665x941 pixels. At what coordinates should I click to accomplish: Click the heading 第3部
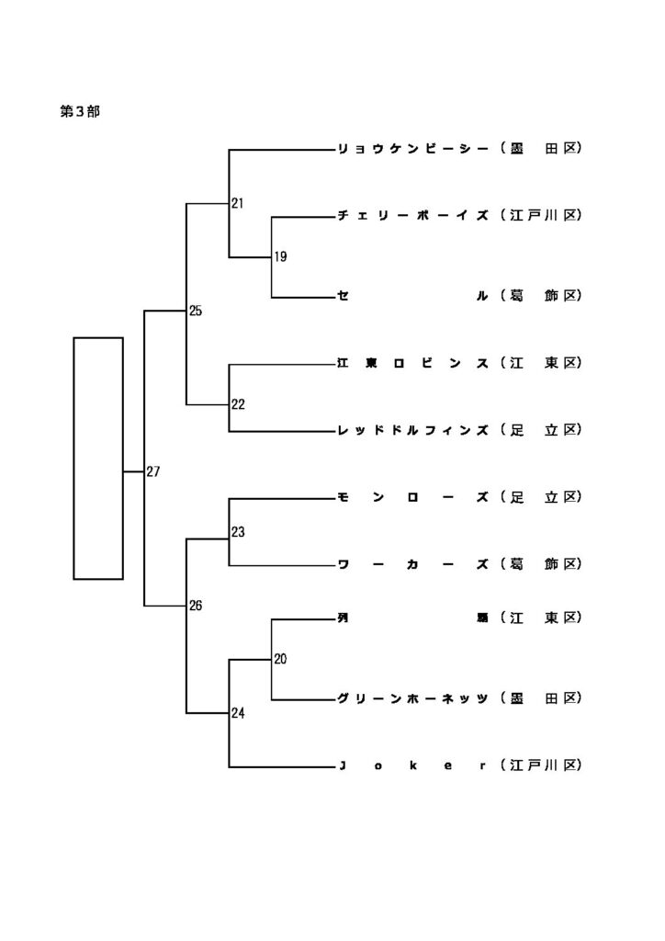point(80,111)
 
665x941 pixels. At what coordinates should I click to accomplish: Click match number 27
point(153,472)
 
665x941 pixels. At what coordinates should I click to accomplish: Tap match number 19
point(280,257)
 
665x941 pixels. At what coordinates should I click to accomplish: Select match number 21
point(238,203)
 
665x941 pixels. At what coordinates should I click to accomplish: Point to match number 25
point(196,312)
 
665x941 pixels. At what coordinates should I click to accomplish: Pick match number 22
point(238,404)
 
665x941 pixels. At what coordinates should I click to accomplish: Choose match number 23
point(238,532)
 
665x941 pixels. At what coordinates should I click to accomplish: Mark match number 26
point(196,606)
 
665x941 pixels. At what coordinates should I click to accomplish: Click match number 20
point(280,659)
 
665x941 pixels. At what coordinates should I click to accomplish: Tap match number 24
point(238,713)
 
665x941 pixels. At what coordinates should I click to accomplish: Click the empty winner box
point(98,459)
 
